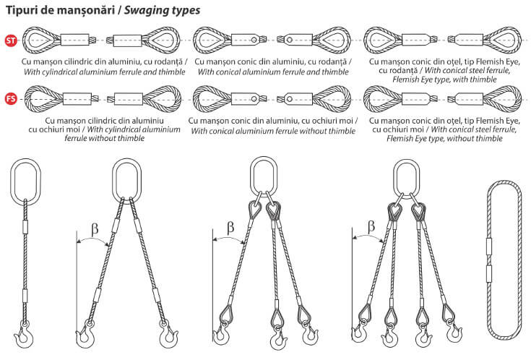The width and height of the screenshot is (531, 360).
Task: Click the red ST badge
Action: click(x=11, y=40)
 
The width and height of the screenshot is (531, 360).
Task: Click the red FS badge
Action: click(x=11, y=99)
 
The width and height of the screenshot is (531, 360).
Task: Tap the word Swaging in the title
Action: click(x=144, y=11)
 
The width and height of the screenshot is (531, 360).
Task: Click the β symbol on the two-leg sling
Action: click(x=95, y=229)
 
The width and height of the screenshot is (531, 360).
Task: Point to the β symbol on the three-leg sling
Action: click(x=230, y=228)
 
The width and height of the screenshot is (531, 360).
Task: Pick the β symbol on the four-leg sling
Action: click(x=371, y=226)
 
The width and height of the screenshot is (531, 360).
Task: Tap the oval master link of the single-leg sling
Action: click(x=25, y=182)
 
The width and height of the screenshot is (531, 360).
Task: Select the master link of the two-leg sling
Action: click(x=126, y=181)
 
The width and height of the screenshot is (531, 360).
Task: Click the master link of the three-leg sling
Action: click(x=264, y=176)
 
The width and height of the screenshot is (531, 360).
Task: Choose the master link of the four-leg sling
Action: click(x=406, y=177)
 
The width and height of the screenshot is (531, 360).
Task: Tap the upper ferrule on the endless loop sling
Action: click(x=488, y=247)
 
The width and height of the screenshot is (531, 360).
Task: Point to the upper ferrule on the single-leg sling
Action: click(x=25, y=226)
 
